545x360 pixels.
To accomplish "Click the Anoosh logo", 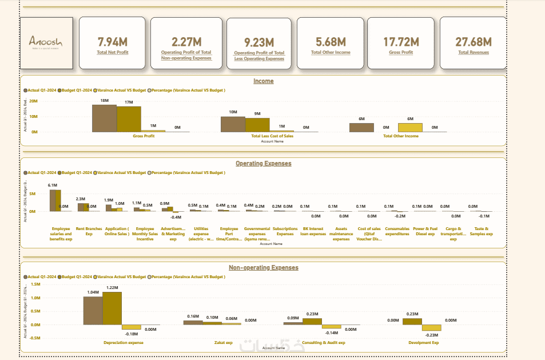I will tap(46, 43).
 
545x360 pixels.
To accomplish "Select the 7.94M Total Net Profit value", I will tap(113, 42).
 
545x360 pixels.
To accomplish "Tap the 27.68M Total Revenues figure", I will tap(473, 42).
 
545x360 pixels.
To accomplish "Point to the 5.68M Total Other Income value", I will tap(331, 42).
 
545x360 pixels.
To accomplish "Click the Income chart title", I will tap(263, 81).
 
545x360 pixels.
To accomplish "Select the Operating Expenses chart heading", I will tap(263, 164).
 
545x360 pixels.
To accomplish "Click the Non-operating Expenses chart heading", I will tap(263, 267).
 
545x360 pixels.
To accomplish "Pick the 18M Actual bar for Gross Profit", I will tap(105, 118).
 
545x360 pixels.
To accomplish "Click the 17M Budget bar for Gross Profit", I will tap(129, 120).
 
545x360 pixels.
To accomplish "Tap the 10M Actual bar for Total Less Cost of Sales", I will tap(233, 124).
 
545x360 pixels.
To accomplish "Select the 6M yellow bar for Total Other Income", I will tap(410, 128).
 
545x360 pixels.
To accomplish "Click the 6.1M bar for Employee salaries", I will tap(53, 201).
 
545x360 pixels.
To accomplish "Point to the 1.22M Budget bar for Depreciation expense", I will tap(112, 308).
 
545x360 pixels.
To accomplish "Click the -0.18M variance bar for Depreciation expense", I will tap(131, 327).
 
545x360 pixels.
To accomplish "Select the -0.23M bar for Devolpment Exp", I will tap(431, 328).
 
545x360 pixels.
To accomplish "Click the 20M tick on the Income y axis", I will tap(34, 101).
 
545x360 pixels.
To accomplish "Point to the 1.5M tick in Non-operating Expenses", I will tap(35, 284).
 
